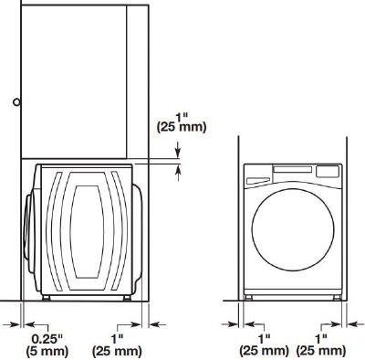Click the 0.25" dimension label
coord(41,337)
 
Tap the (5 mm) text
coord(42,350)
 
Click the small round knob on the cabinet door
coord(16,102)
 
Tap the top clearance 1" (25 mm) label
coord(183,122)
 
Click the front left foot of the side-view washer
coord(46,297)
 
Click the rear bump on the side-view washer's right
coord(139,228)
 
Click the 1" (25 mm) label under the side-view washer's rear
coord(118,344)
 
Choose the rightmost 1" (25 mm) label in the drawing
coord(322,344)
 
